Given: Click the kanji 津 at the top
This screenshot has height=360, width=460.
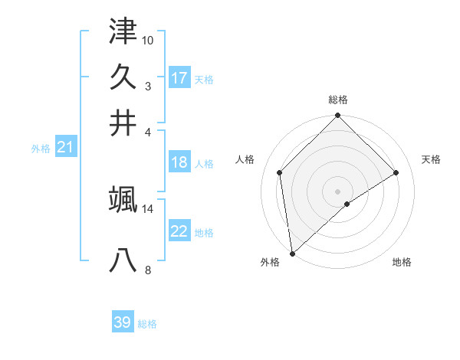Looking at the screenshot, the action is pos(123,32).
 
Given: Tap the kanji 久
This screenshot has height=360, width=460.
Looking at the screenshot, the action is pos(123,77).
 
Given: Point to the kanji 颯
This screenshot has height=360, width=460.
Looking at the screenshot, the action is pos(123,199).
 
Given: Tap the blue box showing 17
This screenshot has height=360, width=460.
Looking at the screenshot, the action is pos(179,77).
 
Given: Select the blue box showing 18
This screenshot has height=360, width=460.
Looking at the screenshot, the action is pos(179,162).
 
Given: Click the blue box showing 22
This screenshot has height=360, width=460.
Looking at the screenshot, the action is pos(179,231).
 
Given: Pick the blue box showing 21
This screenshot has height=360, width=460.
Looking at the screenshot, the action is pos(65,148).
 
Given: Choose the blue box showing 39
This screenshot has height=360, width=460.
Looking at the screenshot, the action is pos(123,322).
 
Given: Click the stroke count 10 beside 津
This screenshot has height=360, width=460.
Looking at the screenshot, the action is pos(148,40).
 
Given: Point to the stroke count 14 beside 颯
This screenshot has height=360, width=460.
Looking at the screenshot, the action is pos(148,208).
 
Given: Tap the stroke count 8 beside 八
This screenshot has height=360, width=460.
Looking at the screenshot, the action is pos(148,270).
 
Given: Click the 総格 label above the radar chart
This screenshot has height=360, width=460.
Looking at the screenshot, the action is pos(338,100).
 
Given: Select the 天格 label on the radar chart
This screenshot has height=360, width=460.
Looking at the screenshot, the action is pos(432,159).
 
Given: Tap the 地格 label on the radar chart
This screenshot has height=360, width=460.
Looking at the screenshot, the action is pos(402,263).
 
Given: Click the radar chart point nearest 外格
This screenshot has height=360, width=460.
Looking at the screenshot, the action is pos(292,253).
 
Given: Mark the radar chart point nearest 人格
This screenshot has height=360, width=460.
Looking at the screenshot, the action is pos(280,172).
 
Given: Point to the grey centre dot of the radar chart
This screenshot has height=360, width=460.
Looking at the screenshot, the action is pos(338,191).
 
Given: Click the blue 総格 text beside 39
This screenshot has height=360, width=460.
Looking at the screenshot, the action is pos(147,324).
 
